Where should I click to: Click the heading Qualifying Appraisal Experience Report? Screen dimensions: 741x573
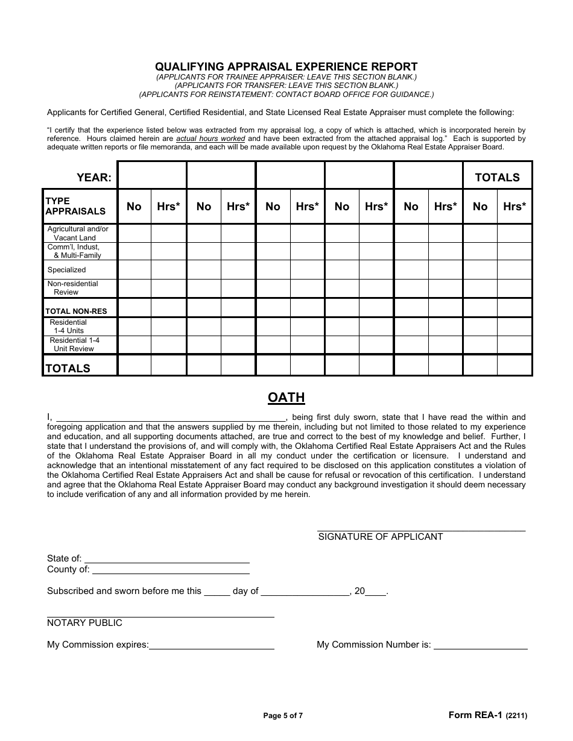pos(286,67)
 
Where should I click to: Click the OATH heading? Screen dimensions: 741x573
pos(286,398)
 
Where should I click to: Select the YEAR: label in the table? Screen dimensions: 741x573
pos(93,177)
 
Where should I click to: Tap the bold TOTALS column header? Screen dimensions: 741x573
pos(497,177)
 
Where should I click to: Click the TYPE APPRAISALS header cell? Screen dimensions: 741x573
pos(75,206)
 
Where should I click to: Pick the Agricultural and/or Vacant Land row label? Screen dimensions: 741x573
pos(78,233)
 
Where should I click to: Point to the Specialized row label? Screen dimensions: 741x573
pos(67,270)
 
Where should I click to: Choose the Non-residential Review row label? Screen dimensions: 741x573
pos(72,288)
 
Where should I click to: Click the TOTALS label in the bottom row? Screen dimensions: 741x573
pos(68,368)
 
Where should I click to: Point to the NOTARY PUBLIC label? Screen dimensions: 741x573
pos(84,623)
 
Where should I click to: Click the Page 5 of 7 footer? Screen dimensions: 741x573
pos(283,716)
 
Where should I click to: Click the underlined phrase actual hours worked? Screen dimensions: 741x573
pos(211,139)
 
